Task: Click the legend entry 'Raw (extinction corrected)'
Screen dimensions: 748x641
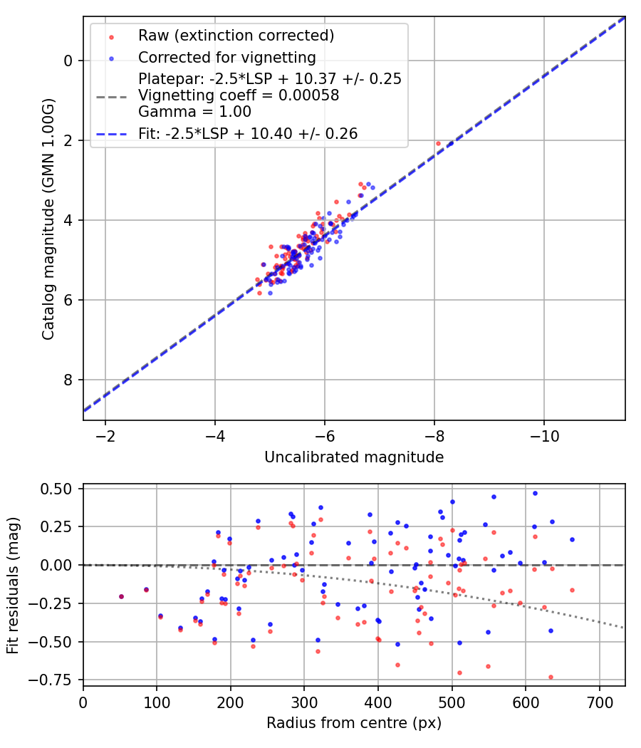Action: tap(236, 36)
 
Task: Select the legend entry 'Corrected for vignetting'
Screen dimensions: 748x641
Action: tap(226, 57)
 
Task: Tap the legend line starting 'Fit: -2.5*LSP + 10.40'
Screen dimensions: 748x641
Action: tap(248, 133)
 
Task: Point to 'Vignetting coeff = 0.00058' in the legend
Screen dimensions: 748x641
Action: tap(239, 95)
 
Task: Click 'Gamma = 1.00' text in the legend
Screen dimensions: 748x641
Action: tap(194, 112)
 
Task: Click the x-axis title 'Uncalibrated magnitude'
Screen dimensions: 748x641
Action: tap(354, 457)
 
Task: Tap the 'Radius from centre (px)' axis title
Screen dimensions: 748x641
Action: tap(354, 723)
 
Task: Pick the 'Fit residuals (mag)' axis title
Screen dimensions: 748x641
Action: tap(12, 586)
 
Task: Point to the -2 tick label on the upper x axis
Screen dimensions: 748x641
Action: tap(105, 435)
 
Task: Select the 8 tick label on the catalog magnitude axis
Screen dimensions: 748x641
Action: tap(68, 380)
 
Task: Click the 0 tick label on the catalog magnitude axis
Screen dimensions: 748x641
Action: tap(68, 61)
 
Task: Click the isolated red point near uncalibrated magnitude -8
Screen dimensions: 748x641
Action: tap(439, 143)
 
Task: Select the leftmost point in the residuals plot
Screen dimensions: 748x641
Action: tap(121, 596)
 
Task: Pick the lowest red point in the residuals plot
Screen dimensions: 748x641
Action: tap(551, 677)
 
